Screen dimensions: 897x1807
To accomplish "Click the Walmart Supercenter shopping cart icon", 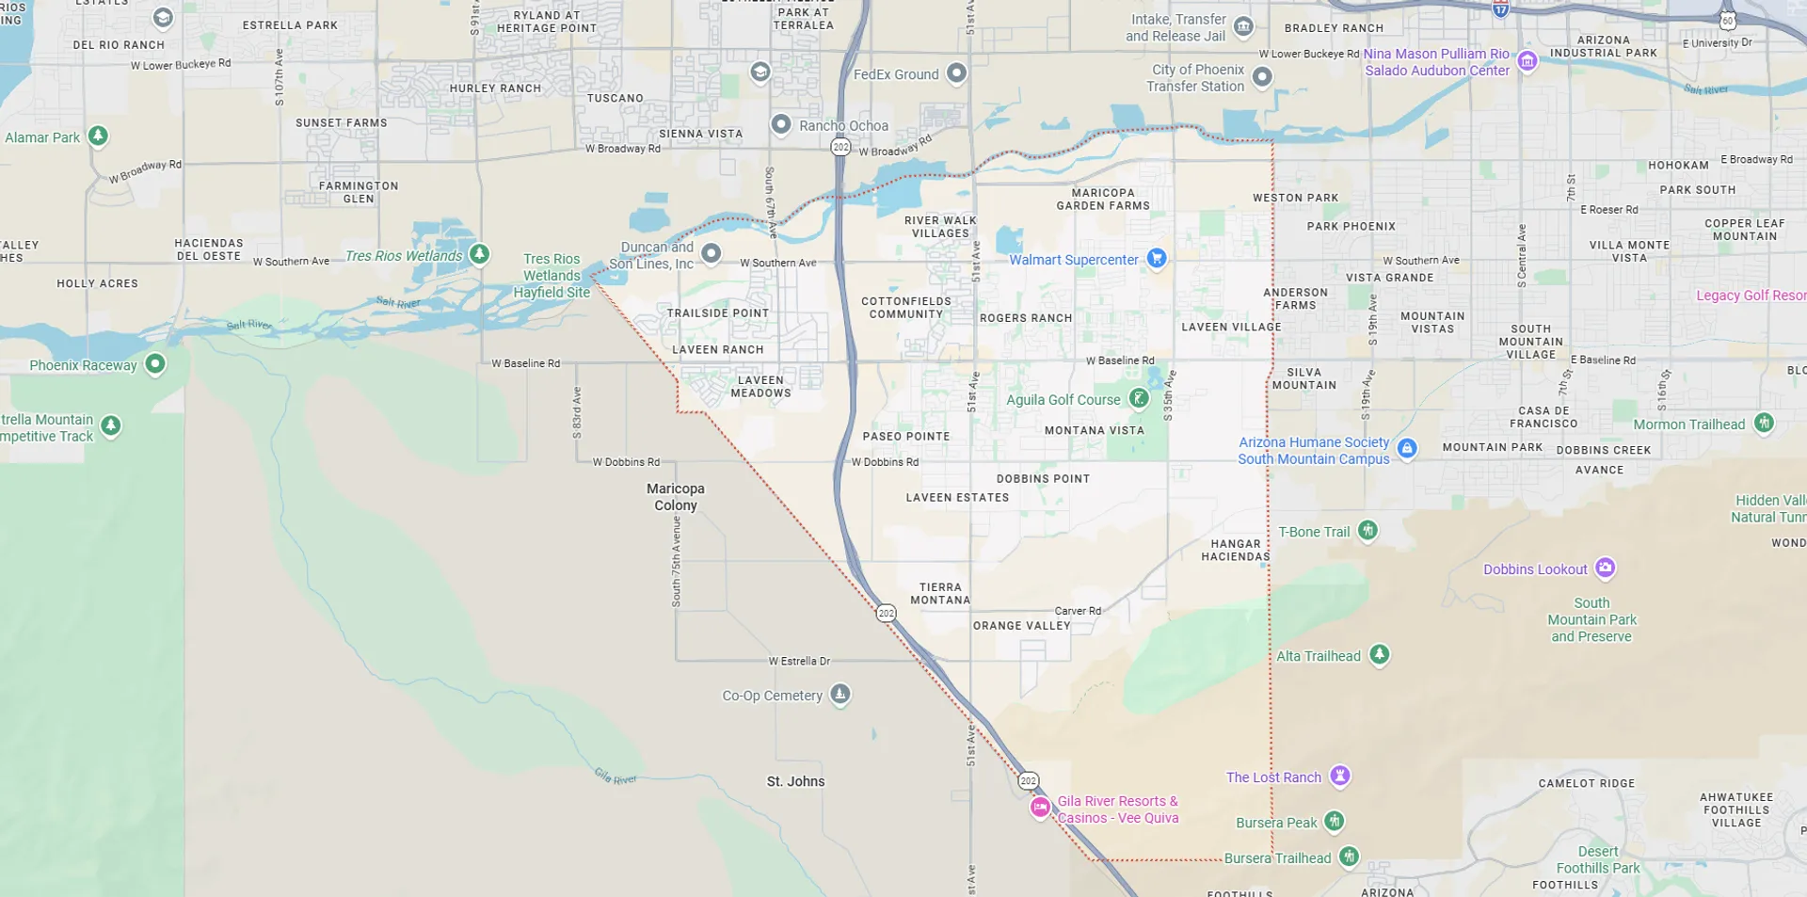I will click(x=1157, y=258).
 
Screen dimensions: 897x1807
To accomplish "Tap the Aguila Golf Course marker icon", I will click(x=1139, y=398).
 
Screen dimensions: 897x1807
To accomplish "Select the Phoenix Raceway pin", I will click(x=155, y=363).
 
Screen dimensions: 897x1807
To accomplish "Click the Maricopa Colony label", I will click(x=676, y=497).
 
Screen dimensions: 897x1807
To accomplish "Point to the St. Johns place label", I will click(x=795, y=781).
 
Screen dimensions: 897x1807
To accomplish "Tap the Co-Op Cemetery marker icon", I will click(x=840, y=694).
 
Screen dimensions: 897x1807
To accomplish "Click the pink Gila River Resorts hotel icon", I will click(x=1040, y=808).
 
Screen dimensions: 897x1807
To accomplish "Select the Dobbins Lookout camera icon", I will click(x=1606, y=568).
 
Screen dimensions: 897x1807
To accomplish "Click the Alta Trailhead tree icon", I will click(x=1380, y=653).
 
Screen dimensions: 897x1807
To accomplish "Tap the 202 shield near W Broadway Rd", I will click(x=840, y=147).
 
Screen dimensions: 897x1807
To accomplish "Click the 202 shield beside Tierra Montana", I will click(x=886, y=613).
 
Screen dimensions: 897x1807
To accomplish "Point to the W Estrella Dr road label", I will click(x=799, y=661).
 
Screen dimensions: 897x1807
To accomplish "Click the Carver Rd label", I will click(x=1078, y=611).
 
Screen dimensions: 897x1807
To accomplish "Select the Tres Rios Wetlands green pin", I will click(x=480, y=253).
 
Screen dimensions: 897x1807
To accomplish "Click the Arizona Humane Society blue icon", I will click(x=1407, y=448).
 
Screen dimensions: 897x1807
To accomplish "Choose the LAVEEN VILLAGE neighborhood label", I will click(x=1231, y=328).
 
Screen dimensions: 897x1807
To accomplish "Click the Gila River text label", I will click(x=616, y=777).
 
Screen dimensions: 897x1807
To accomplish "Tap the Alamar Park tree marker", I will click(x=98, y=136).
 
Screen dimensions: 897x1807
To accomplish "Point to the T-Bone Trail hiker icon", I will click(x=1368, y=530).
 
